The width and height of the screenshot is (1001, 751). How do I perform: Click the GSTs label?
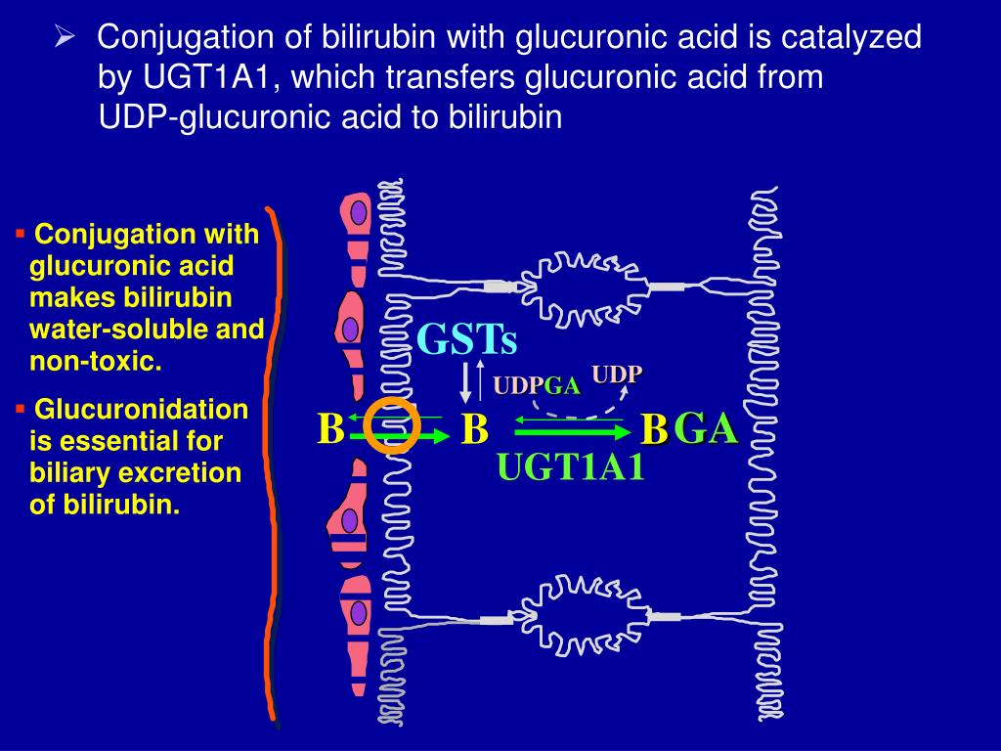point(466,340)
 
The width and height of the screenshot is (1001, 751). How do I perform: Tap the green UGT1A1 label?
point(572,467)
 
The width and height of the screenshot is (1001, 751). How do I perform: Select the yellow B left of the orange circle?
point(330,429)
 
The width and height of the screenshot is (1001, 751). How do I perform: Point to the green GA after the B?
point(706,428)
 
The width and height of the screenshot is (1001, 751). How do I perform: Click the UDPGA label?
point(537,386)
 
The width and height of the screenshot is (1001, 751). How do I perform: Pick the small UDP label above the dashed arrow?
point(616,375)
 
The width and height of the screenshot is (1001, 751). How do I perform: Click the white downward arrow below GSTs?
point(466,382)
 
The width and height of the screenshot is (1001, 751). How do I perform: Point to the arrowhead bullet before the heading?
point(65,38)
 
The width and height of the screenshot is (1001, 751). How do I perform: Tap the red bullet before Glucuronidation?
point(20,405)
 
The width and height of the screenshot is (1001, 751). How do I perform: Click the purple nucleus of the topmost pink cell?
point(359,212)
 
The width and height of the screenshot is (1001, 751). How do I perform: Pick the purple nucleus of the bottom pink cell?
point(359,613)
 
